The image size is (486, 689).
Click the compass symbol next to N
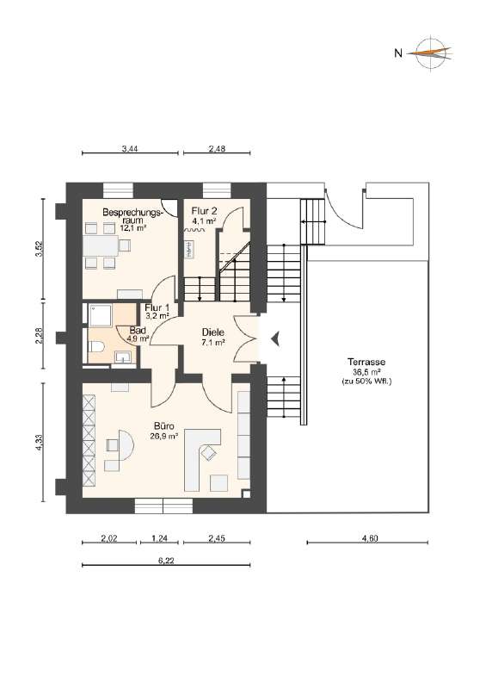pyautogui.click(x=431, y=53)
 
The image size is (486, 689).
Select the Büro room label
pyautogui.click(x=164, y=426)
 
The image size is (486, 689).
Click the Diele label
pyautogui.click(x=213, y=332)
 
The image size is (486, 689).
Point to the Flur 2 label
pyautogui.click(x=204, y=211)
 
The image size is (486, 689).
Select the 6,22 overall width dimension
pyautogui.click(x=166, y=561)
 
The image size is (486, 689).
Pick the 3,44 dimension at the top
pyautogui.click(x=130, y=148)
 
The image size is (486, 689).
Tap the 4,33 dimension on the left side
pyautogui.click(x=40, y=442)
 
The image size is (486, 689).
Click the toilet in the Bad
pyautogui.click(x=96, y=347)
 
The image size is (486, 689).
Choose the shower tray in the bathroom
pyautogui.click(x=101, y=314)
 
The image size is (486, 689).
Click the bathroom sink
pyautogui.click(x=123, y=357)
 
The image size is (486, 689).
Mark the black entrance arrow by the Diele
pyautogui.click(x=275, y=338)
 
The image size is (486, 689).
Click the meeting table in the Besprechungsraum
pyautogui.click(x=101, y=246)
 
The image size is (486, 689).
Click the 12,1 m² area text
pyautogui.click(x=133, y=228)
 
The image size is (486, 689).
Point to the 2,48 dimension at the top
pyautogui.click(x=217, y=148)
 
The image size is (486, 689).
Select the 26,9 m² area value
pyautogui.click(x=164, y=437)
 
